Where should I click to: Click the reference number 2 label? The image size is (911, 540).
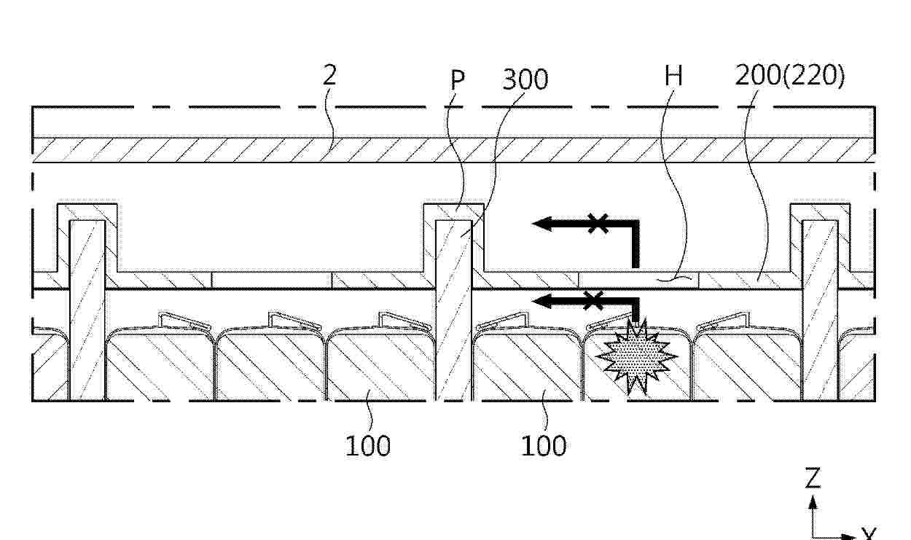pyautogui.click(x=330, y=75)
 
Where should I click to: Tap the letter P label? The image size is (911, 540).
pyautogui.click(x=458, y=79)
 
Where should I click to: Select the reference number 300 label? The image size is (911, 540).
pyautogui.click(x=525, y=79)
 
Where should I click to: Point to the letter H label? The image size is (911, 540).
pyautogui.click(x=673, y=76)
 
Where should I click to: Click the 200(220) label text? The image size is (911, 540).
pyautogui.click(x=790, y=76)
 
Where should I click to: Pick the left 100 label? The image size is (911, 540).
pyautogui.click(x=368, y=446)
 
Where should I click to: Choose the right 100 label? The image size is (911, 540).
pyautogui.click(x=544, y=446)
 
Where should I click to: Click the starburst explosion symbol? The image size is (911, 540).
pyautogui.click(x=636, y=356)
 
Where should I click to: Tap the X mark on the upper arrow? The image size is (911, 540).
pyautogui.click(x=598, y=223)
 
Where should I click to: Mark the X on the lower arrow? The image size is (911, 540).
pyautogui.click(x=593, y=301)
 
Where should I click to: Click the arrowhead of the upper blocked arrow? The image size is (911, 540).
pyautogui.click(x=542, y=224)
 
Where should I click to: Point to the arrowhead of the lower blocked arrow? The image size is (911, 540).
pyautogui.click(x=542, y=302)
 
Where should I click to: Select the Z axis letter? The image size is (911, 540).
pyautogui.click(x=813, y=478)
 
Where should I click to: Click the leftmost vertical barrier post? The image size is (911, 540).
pyautogui.click(x=87, y=310)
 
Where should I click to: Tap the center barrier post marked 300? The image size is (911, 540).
pyautogui.click(x=453, y=310)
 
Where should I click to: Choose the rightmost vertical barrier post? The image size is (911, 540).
pyautogui.click(x=820, y=310)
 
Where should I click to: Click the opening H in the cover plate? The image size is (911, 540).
pyautogui.click(x=638, y=280)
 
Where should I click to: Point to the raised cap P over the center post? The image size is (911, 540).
pyautogui.click(x=453, y=211)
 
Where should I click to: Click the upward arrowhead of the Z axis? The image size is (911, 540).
pyautogui.click(x=813, y=502)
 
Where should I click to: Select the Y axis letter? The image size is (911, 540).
pyautogui.click(x=869, y=535)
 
